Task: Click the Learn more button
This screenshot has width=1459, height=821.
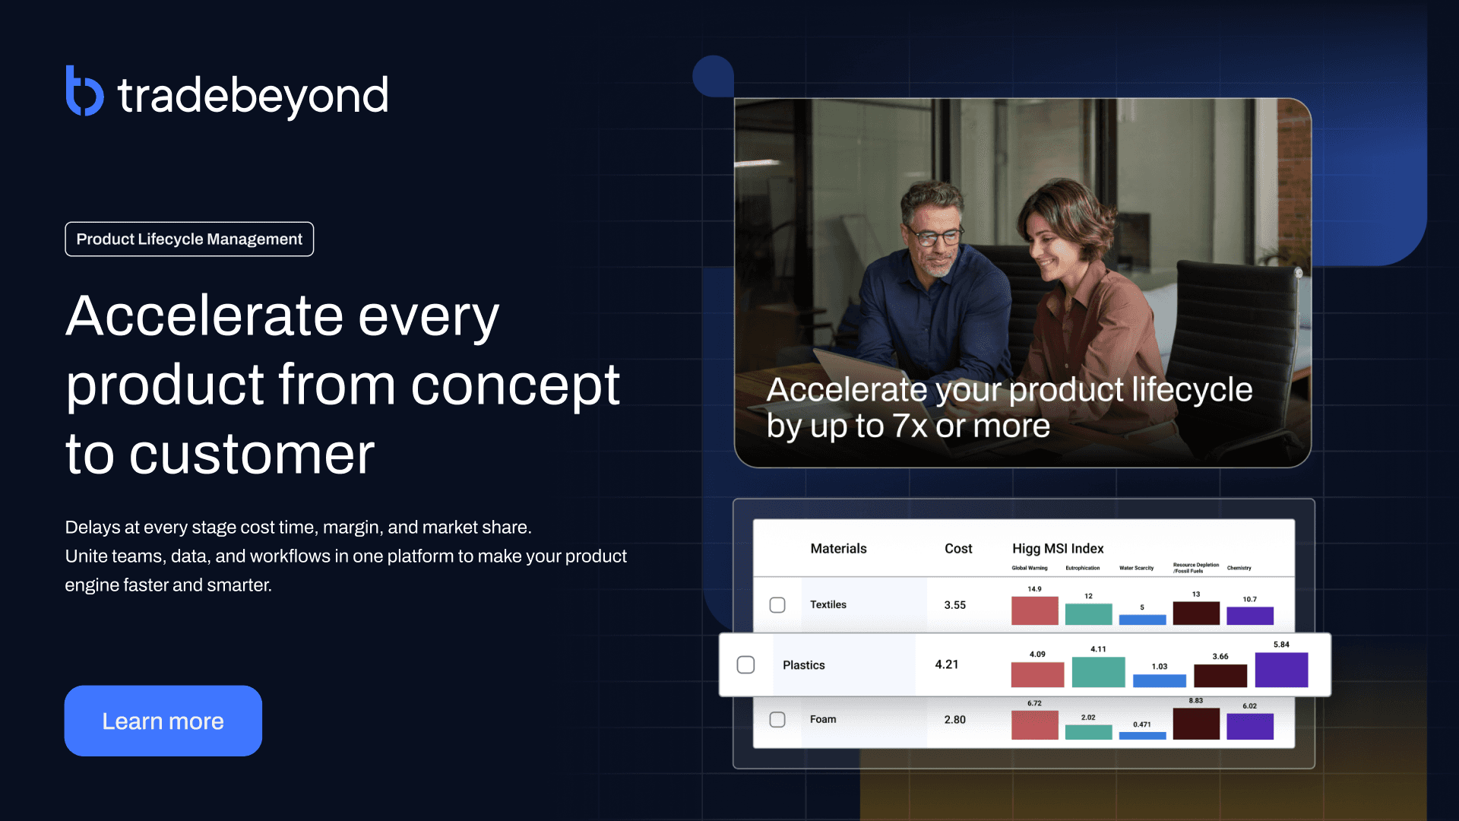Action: click(163, 721)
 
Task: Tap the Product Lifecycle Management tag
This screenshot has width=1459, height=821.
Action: click(189, 239)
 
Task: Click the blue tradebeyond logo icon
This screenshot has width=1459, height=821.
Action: click(84, 91)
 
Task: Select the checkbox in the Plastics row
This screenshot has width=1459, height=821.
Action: click(745, 665)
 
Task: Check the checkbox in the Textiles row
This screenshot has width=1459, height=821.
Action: click(777, 605)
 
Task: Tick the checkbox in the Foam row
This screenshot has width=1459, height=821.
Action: click(777, 719)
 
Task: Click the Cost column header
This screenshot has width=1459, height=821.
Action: click(957, 549)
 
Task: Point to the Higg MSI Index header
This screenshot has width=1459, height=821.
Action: click(1057, 549)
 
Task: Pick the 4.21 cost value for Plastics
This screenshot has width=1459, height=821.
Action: click(946, 664)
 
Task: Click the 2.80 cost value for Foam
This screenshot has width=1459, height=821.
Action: click(954, 720)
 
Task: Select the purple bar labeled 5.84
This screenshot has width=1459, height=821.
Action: click(1281, 670)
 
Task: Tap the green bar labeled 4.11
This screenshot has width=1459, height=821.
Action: click(1098, 672)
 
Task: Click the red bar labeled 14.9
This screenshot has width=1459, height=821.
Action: click(1034, 610)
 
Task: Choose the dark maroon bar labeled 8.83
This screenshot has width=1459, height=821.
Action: click(1195, 724)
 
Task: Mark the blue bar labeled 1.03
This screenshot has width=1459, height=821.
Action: click(1159, 680)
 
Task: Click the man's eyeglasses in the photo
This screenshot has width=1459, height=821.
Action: click(933, 237)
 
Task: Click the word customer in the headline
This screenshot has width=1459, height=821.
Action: click(252, 455)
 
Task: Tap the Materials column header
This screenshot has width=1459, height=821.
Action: click(838, 549)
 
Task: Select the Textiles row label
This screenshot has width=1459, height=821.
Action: click(828, 605)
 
